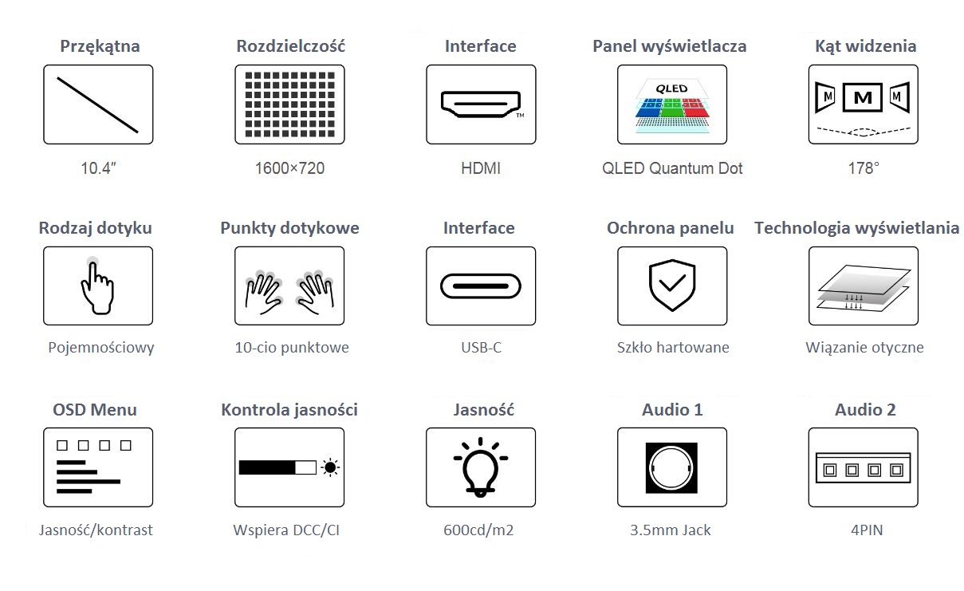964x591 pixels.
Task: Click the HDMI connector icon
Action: point(481,104)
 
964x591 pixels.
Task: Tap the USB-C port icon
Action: point(481,286)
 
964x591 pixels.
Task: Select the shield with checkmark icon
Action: point(672,285)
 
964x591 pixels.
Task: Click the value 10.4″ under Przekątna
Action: point(99,167)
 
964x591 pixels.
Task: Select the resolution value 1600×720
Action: point(289,167)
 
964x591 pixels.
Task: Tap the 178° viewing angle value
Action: point(864,167)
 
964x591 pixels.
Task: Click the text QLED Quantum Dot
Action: point(672,167)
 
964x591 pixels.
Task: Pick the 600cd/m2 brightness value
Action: point(478,530)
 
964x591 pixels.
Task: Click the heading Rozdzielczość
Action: point(290,46)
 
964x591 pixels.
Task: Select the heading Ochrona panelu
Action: point(670,228)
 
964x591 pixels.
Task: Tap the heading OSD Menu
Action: point(95,410)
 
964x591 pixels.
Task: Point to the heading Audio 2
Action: point(865,410)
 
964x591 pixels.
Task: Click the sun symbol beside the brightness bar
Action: point(331,467)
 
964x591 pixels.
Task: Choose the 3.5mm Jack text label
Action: point(670,530)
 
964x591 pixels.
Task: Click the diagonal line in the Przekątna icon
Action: point(97,105)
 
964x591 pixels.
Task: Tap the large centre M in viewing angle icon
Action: point(863,98)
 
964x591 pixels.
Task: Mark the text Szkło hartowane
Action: point(673,348)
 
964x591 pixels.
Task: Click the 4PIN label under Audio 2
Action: point(867,530)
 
